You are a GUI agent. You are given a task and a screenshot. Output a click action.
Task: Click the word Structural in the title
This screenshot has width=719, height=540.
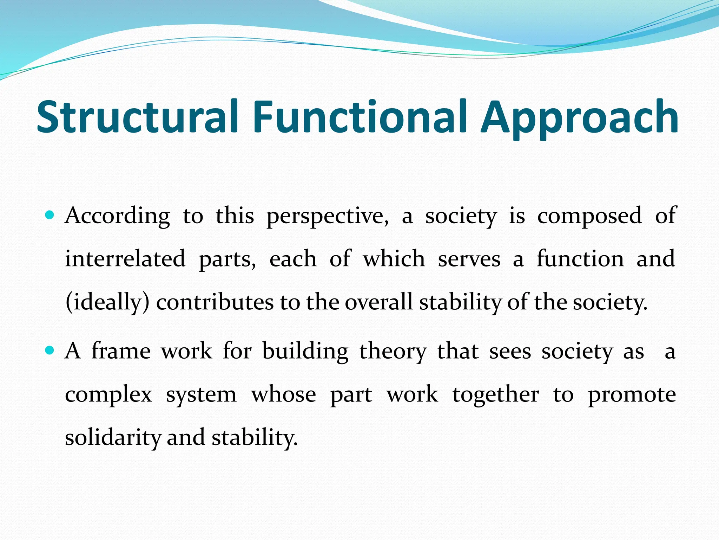tap(138, 117)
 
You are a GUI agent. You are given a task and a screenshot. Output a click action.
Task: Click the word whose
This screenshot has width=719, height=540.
tap(283, 395)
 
